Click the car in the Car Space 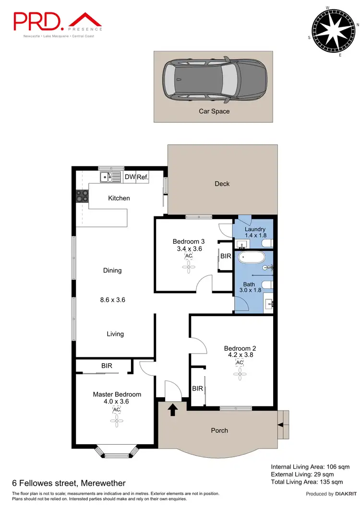(x=214, y=80)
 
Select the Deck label (x=222, y=184)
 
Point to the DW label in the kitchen (x=130, y=177)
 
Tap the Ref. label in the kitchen (x=143, y=177)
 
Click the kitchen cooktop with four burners (x=82, y=196)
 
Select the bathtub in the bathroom (x=252, y=257)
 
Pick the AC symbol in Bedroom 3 (x=188, y=256)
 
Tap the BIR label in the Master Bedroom (x=107, y=366)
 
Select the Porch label (x=220, y=430)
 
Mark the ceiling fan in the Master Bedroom (x=116, y=421)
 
